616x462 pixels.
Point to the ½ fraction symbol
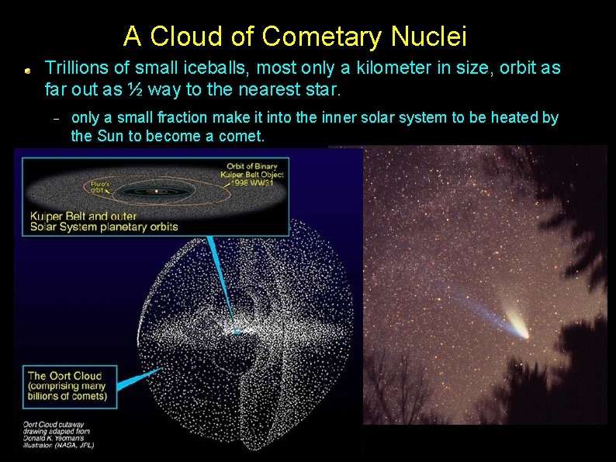135,90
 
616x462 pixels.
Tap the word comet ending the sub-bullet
242,137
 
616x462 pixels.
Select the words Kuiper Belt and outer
84,216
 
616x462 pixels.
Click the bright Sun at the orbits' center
157,190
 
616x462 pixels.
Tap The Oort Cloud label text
65,376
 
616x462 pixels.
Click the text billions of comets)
67,398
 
